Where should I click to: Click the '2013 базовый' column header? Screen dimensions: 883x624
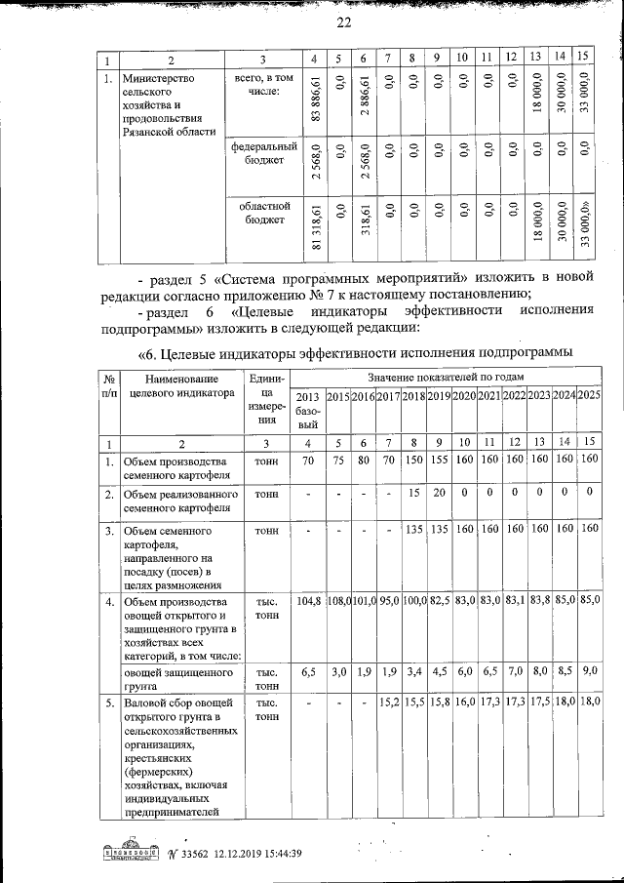point(307,410)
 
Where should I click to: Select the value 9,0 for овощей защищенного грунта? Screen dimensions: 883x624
point(589,672)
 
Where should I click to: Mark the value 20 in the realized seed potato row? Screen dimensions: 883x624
point(438,494)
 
